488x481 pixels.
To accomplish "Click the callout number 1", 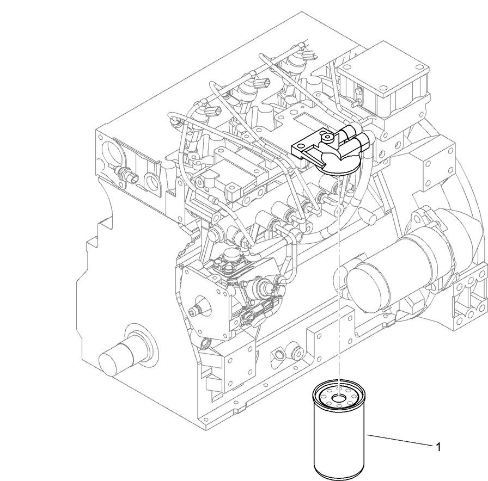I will click(x=438, y=447).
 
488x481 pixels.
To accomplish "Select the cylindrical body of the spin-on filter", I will click(x=340, y=441).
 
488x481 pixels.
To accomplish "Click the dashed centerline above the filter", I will click(x=339, y=272).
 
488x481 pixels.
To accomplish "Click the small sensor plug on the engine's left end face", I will click(x=125, y=176).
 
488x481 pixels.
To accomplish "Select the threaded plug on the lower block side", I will click(x=280, y=356).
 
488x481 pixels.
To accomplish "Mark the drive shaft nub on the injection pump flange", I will click(x=194, y=311).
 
